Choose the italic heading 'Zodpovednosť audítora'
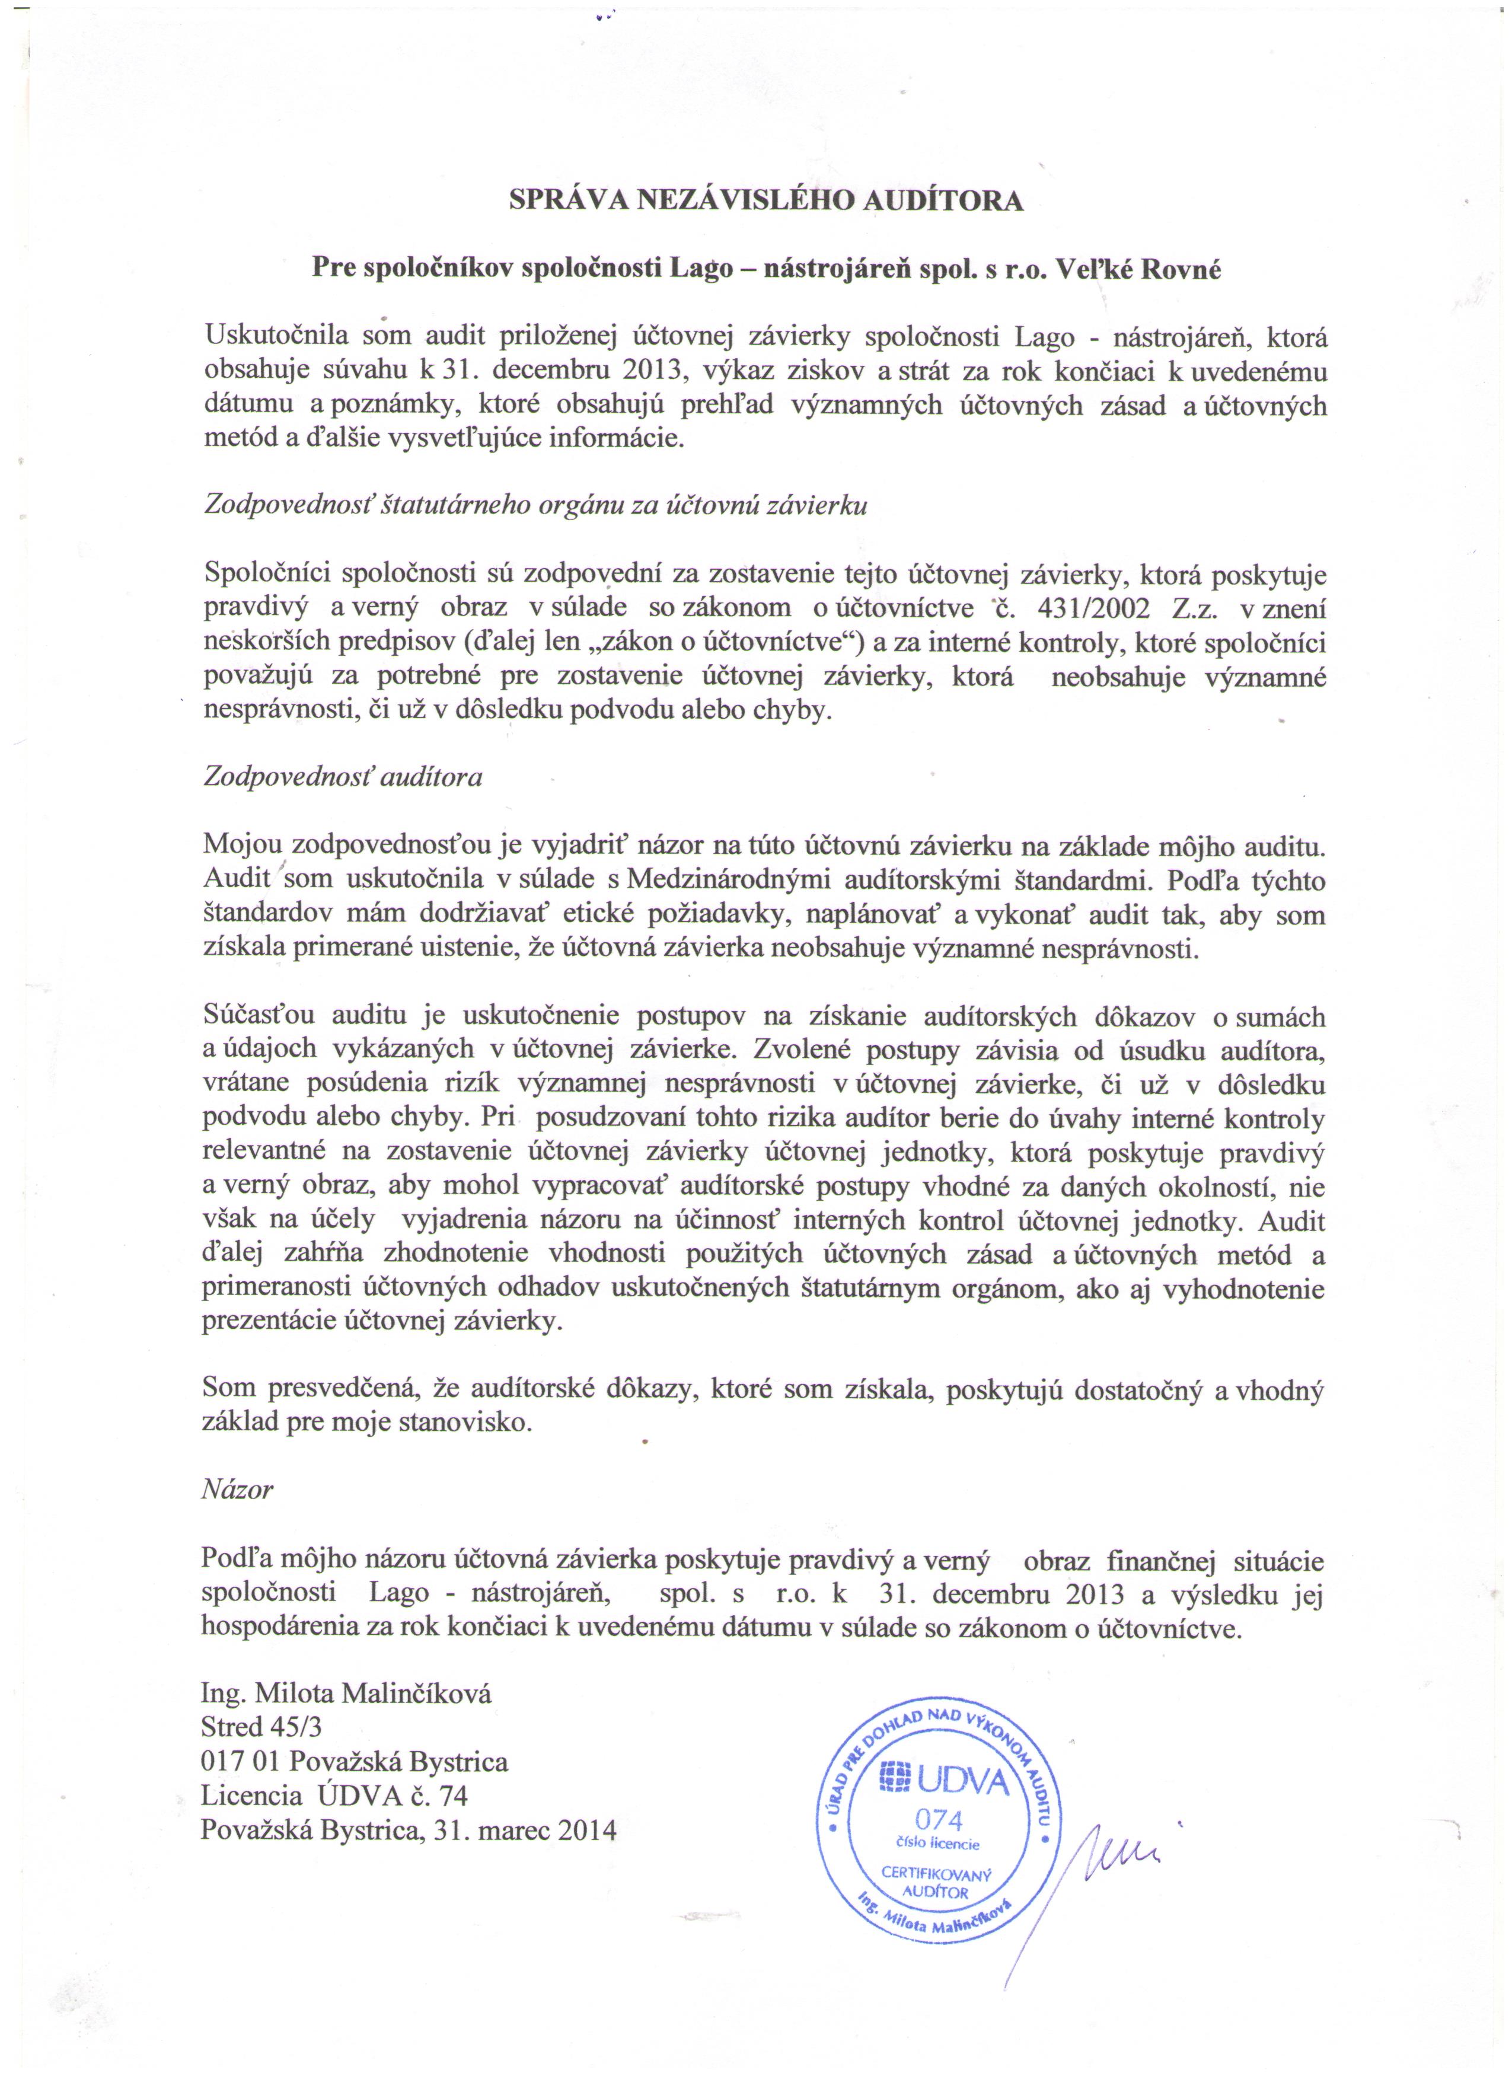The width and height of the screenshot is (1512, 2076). point(342,777)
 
